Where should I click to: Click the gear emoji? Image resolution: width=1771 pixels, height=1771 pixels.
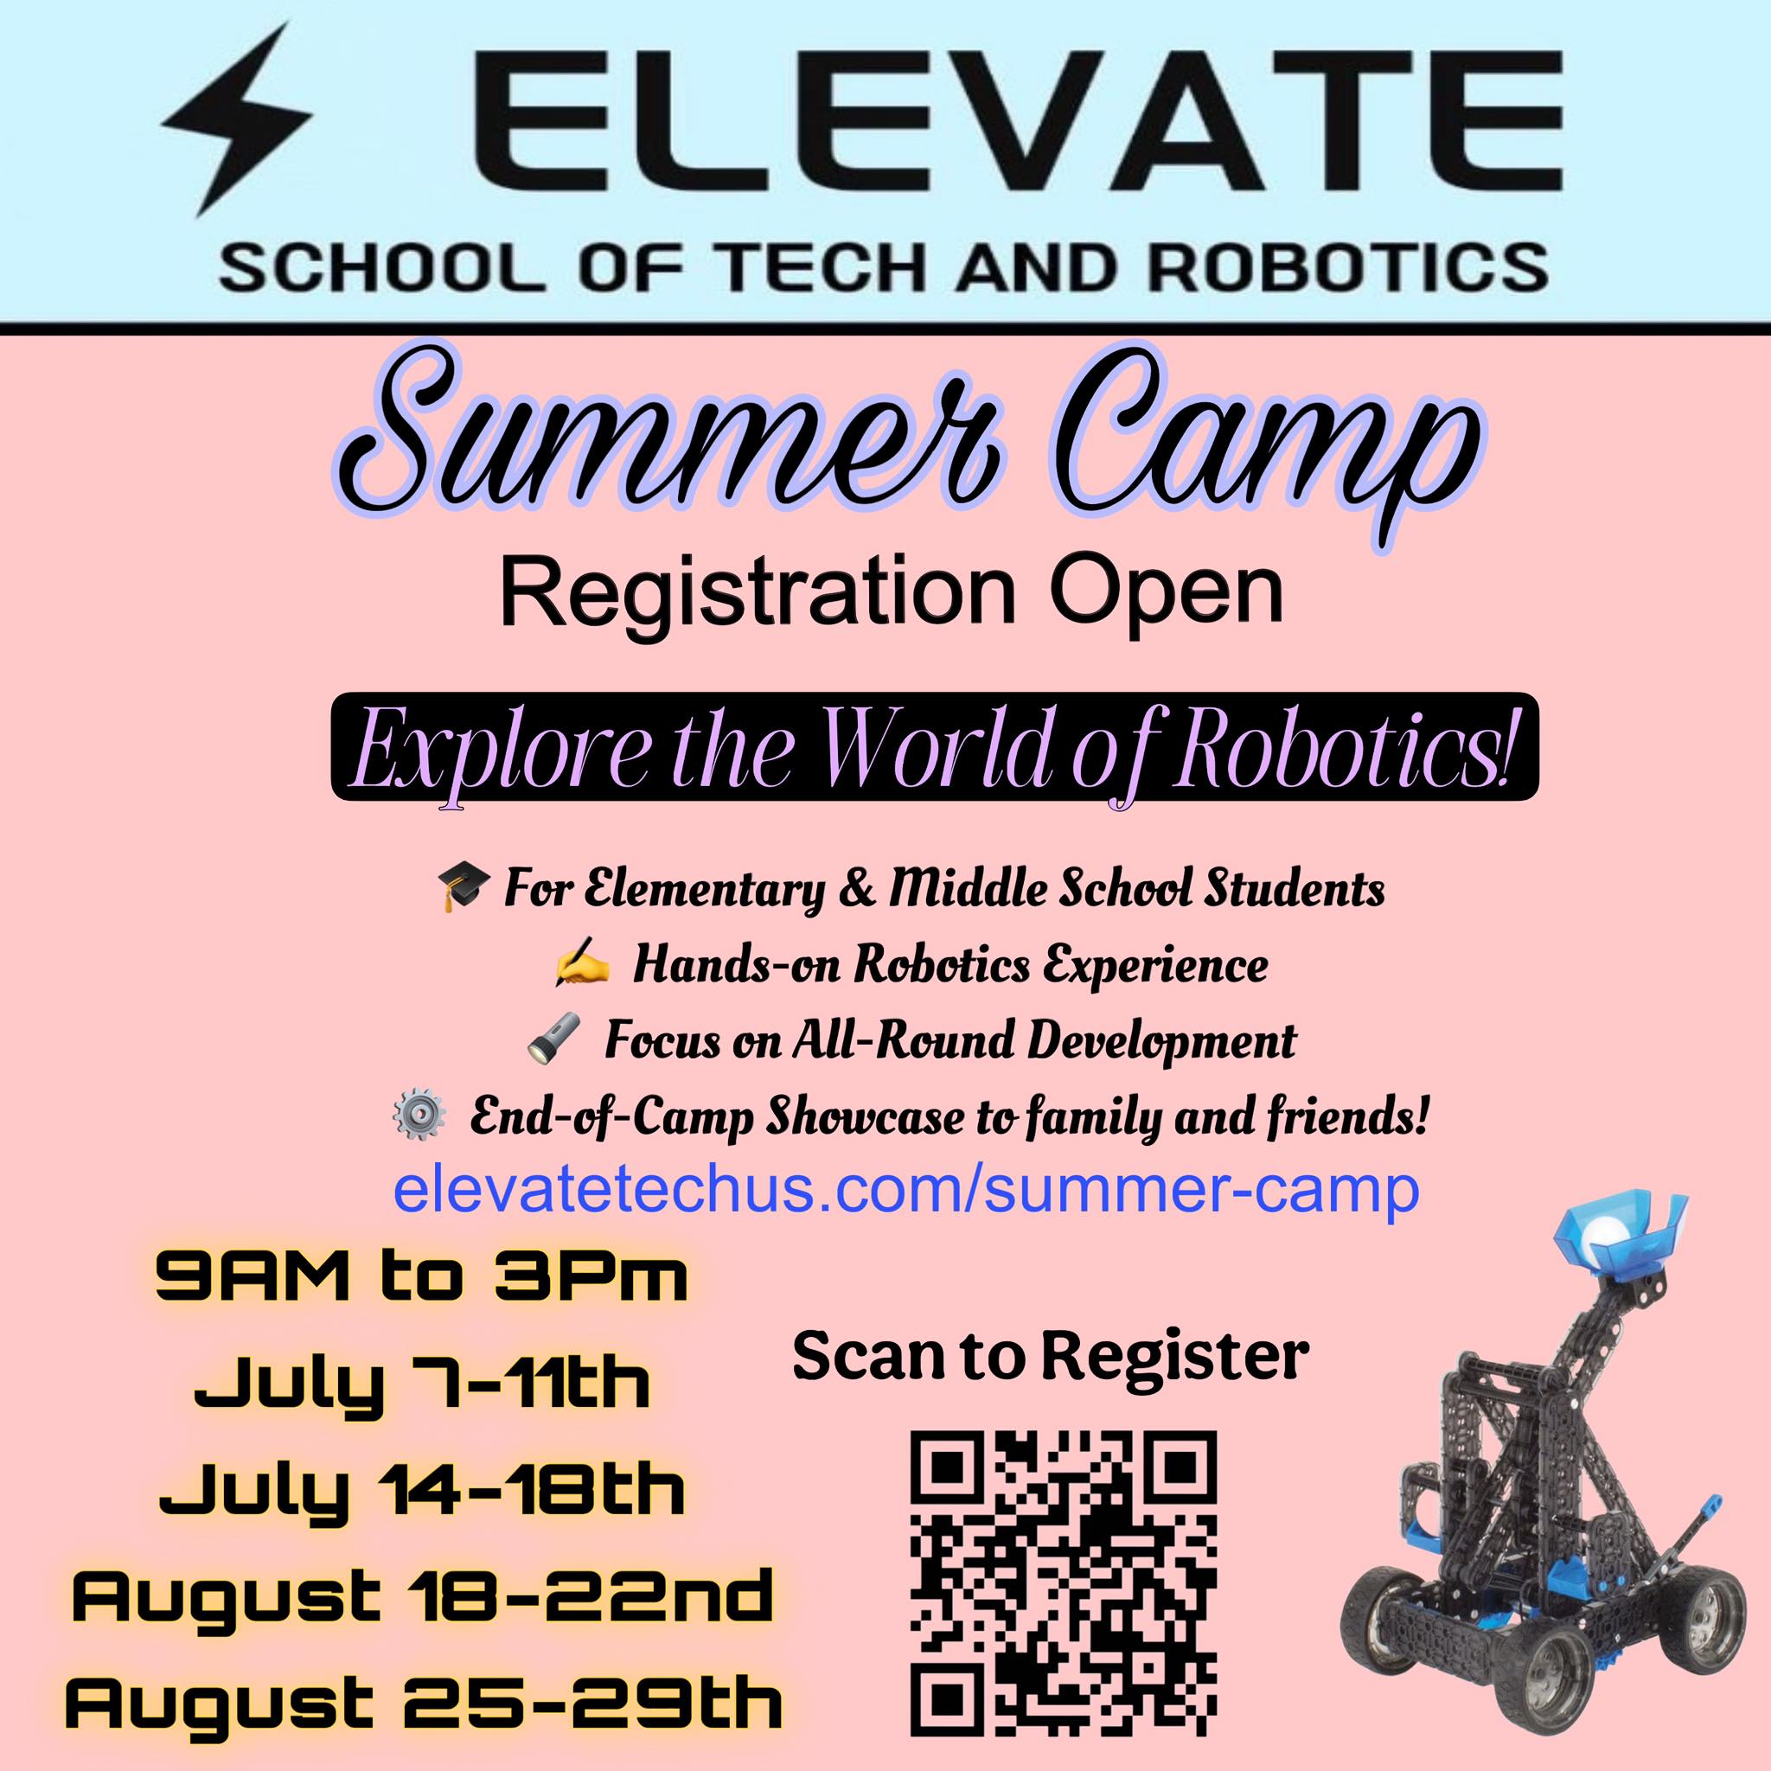tap(419, 1119)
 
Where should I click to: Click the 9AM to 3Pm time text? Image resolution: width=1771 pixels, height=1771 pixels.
tap(421, 1279)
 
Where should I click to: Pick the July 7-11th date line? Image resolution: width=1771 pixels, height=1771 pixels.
tap(423, 1387)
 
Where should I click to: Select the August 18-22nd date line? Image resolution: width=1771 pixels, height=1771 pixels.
tap(423, 1596)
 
